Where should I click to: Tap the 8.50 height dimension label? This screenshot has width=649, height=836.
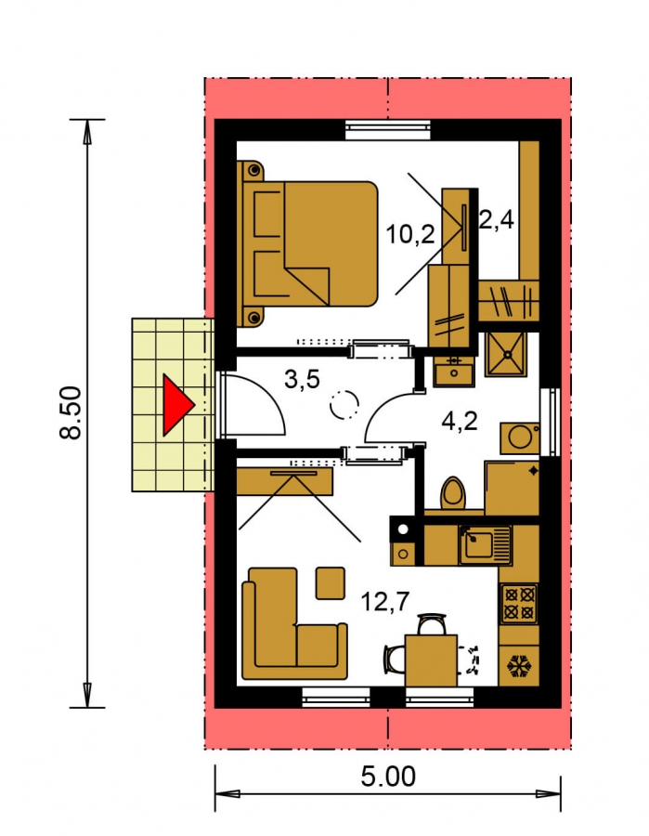pos(71,412)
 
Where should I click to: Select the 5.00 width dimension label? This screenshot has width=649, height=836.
pos(388,777)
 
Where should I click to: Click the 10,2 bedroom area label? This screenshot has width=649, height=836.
pos(409,234)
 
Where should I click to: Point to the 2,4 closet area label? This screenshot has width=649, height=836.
pos(496,218)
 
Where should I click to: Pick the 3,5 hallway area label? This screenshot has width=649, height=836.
pos(302,380)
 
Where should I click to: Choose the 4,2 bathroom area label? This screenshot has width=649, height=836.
pos(460,421)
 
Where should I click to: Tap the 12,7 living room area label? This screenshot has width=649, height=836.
pos(384,602)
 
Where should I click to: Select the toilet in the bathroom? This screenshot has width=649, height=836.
pos(453,494)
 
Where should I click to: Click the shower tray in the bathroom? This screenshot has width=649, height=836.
pos(506,354)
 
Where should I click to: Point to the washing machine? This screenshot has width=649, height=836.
pos(520,438)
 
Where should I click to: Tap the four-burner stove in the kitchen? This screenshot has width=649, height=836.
pos(519,604)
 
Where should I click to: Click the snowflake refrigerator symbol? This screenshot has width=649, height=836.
pos(520,666)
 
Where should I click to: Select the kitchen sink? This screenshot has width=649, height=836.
pos(485,545)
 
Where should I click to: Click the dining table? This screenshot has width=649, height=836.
pos(431,660)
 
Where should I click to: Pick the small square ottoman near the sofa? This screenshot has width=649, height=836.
pos(331,583)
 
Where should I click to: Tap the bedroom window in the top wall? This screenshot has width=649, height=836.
pos(388,129)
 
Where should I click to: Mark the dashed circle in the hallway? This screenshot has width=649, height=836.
pos(344,405)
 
